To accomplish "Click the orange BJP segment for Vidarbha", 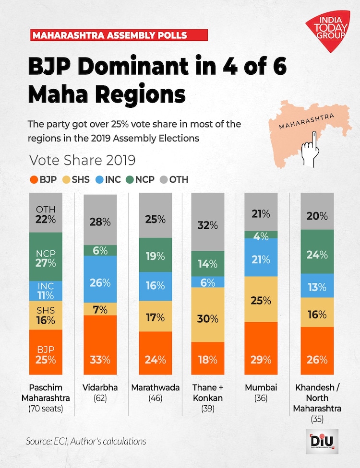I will [x=100, y=345].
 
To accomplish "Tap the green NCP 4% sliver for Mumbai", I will [x=261, y=234].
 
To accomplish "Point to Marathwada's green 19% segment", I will [x=155, y=255].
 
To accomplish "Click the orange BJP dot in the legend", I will [x=34, y=180].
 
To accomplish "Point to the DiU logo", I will [x=322, y=441].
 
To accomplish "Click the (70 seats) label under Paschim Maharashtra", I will [x=46, y=409].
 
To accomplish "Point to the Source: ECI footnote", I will [x=86, y=441].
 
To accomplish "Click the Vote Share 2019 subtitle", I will [x=82, y=160].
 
